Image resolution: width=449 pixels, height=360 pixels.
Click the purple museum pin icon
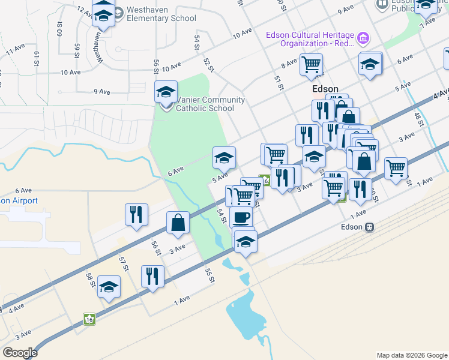pyautogui.click(x=362, y=40)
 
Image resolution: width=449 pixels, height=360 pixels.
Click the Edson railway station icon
pyautogui.click(x=370, y=227)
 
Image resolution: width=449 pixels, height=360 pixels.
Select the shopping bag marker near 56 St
pyautogui.click(x=179, y=223)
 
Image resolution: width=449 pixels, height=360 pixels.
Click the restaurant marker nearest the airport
pyautogui.click(x=136, y=214)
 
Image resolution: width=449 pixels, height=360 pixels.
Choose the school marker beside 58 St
pyautogui.click(x=109, y=287)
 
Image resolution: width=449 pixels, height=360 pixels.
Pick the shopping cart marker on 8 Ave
pyautogui.click(x=311, y=64)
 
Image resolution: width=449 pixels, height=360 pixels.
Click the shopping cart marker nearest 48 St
pyautogui.click(x=396, y=168)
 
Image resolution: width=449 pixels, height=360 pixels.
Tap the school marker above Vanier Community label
pyautogui.click(x=166, y=92)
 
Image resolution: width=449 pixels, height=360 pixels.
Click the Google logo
pyautogui.click(x=20, y=353)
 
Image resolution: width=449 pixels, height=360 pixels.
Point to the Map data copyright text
pyautogui.click(x=412, y=355)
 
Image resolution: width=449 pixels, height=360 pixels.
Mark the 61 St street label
pyautogui.click(x=37, y=58)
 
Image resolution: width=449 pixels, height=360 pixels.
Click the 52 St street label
pyautogui.click(x=208, y=65)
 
